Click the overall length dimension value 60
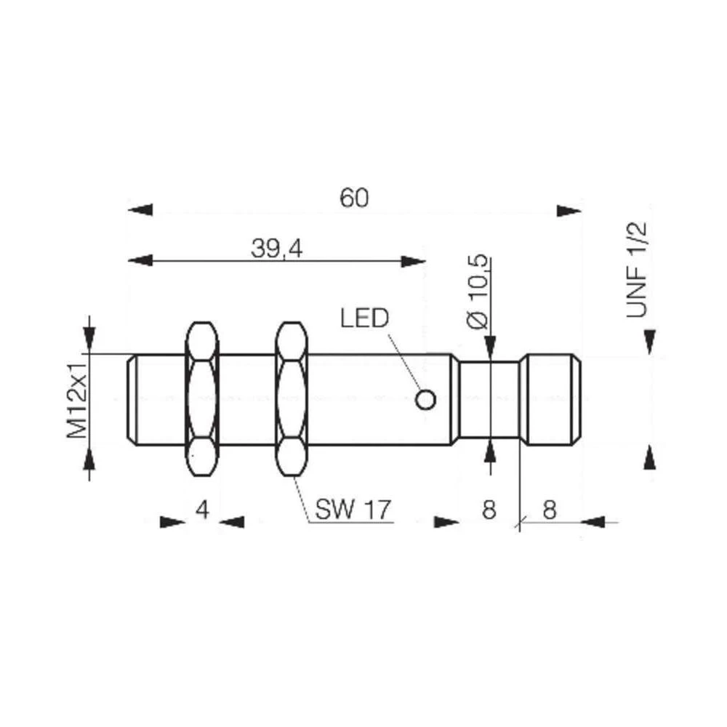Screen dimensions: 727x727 (354, 198)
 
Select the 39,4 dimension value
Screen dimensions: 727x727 (277, 249)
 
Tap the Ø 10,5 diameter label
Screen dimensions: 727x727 (478, 294)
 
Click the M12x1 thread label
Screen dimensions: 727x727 (78, 396)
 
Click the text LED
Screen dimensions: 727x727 (364, 318)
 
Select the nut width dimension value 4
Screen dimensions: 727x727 (203, 510)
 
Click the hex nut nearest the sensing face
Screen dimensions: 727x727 (203, 398)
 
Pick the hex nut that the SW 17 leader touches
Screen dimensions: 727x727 (292, 398)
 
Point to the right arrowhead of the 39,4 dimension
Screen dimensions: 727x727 (413, 260)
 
